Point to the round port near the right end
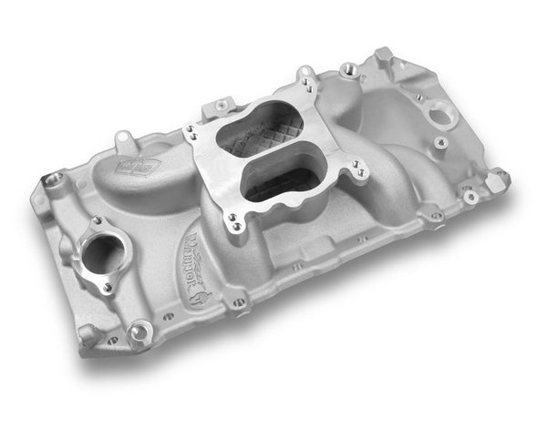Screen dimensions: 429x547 click(x=442, y=113)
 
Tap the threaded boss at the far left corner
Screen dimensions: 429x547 click(x=54, y=179)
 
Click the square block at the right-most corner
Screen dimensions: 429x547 click(x=497, y=179)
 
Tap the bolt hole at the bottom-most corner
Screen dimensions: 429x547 click(x=139, y=333)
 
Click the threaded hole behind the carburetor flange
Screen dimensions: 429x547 click(x=347, y=69)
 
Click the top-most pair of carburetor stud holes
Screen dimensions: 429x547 click(x=309, y=87)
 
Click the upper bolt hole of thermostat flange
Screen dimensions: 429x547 click(x=96, y=221)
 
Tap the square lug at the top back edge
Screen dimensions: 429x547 click(x=382, y=54)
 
